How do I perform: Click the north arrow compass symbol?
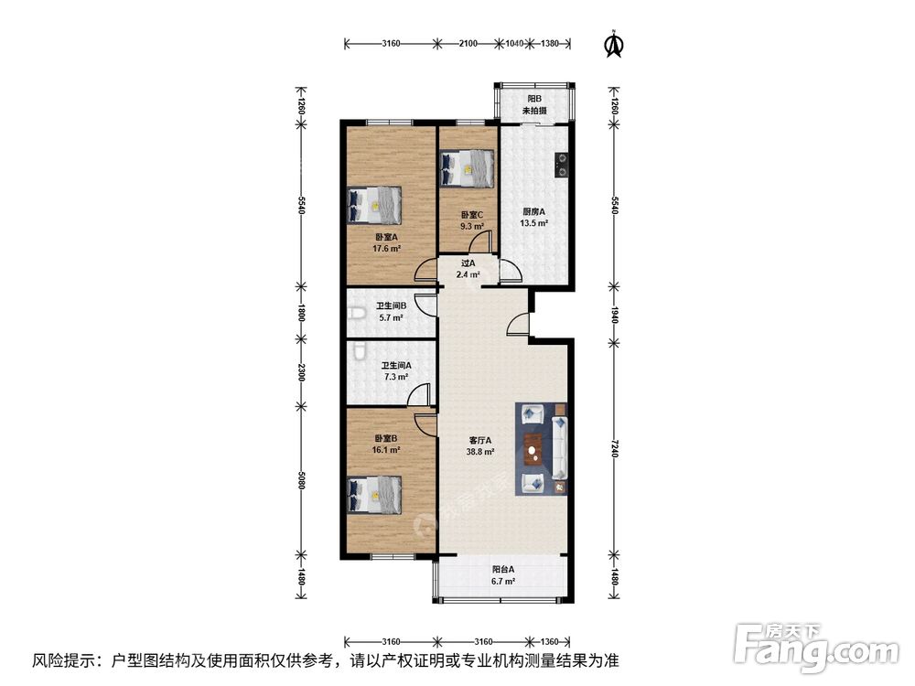tap(613, 44)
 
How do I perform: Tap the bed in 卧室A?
tap(374, 205)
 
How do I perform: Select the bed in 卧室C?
tap(468, 168)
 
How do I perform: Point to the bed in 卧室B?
tap(374, 495)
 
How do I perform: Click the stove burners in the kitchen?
tap(562, 164)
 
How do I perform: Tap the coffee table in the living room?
tap(533, 449)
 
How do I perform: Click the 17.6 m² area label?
tap(386, 249)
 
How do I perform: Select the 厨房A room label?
tap(533, 212)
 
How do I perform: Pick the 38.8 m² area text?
tap(480, 452)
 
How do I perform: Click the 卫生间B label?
tap(391, 305)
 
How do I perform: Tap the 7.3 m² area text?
tap(395, 377)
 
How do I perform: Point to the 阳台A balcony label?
tap(503, 569)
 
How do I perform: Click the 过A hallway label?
tap(468, 263)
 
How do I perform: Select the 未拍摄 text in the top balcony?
tap(534, 111)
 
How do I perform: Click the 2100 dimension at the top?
tap(468, 43)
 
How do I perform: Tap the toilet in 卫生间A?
tap(358, 351)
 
